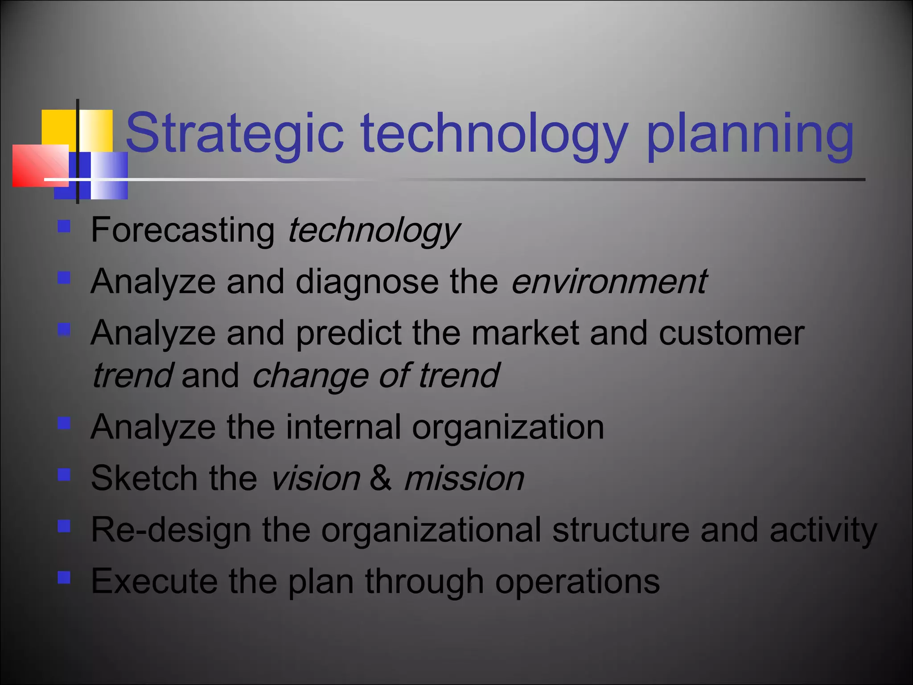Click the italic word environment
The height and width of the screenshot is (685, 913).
click(609, 282)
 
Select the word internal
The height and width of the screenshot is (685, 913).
click(343, 427)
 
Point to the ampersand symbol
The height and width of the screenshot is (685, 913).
click(381, 479)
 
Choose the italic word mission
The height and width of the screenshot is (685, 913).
click(464, 479)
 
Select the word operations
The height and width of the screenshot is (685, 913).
click(577, 582)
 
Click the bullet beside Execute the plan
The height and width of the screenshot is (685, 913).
click(64, 578)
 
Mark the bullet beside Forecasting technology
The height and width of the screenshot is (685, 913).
click(64, 227)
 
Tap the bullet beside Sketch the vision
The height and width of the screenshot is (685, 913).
click(64, 475)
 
